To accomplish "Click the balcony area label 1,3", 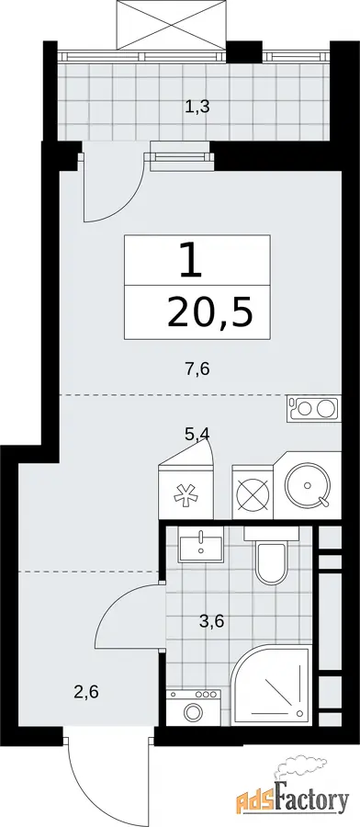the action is pos(197,108).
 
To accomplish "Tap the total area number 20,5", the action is pos(209,312).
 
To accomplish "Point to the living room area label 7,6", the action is pos(197,368).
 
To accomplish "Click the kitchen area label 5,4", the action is pos(197,436).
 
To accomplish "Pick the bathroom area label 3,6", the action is pos(212,622).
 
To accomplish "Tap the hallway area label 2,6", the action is pos(86,691).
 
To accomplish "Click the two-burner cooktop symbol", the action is pos(314,408).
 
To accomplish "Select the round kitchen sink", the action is pos(308,485).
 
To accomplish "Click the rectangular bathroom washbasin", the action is pos(201,545).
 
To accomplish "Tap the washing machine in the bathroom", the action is pos(194,708).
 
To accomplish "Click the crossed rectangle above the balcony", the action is pos(171,24).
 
